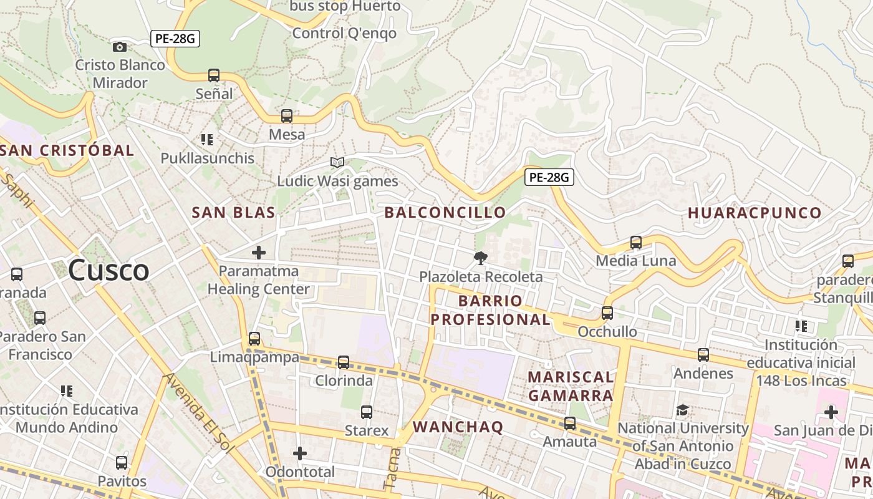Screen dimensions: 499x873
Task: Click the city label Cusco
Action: tap(109, 271)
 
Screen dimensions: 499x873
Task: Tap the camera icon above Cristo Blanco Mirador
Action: tap(119, 47)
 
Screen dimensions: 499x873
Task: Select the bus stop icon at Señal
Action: tap(214, 75)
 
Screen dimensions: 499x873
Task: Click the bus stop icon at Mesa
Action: tap(287, 115)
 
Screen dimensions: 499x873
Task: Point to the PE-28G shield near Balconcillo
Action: tap(549, 177)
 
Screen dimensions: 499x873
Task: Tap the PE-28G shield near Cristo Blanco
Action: tap(175, 39)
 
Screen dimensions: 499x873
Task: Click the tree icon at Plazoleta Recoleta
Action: tap(480, 258)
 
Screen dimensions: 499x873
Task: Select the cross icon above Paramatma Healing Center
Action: tap(258, 253)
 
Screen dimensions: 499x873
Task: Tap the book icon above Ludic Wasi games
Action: tap(337, 162)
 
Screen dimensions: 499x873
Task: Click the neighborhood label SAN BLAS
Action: tap(233, 212)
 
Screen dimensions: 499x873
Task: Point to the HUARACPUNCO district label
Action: tap(755, 213)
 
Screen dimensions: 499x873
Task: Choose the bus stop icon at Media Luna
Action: tap(636, 242)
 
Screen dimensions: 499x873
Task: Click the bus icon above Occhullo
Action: tap(607, 312)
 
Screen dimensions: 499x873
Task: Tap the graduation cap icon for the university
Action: tap(683, 410)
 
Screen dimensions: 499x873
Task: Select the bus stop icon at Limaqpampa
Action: tap(254, 339)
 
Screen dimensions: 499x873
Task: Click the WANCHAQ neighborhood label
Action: tap(458, 427)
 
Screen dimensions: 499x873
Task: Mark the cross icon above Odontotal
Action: tap(300, 453)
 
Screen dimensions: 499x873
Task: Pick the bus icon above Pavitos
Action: tap(122, 463)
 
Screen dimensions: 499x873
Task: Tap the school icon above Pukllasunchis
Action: tap(207, 140)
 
